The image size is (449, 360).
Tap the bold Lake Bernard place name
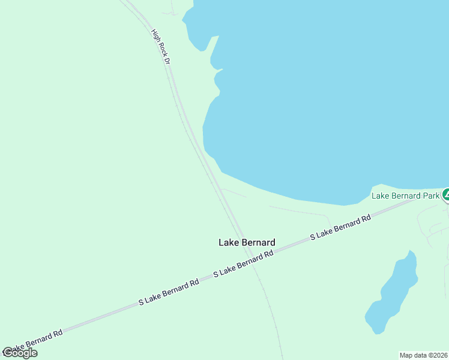point(247,242)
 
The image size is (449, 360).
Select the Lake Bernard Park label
point(406,196)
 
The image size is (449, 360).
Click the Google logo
point(19,353)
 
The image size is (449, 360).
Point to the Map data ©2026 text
point(424,355)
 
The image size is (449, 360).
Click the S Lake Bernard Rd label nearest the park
point(340,229)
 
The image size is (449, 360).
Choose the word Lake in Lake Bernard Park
point(381,196)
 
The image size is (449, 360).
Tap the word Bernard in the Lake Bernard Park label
point(405,196)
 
